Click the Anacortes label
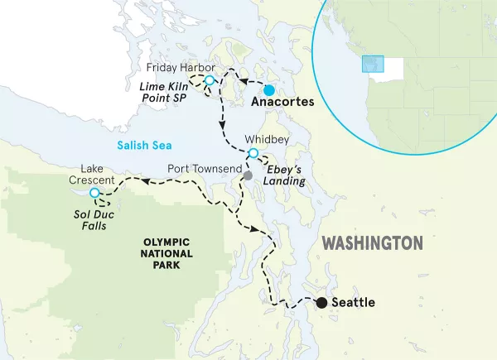pos(282,103)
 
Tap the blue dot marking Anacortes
pos(269,89)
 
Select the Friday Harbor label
pos(181,66)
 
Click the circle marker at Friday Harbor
pos(210,80)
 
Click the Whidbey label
pos(267,140)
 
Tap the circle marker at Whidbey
pos(253,154)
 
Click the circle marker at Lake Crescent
pos(94,193)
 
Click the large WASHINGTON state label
pos(371,243)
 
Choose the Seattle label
pos(353,303)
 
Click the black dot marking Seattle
pos(321,303)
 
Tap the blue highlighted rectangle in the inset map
pos(374,65)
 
